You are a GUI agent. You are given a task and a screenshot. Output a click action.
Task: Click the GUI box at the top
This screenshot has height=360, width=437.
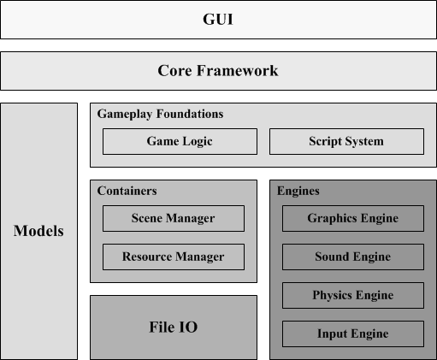tap(218, 20)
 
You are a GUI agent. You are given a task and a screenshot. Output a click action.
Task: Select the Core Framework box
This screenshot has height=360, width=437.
tap(218, 71)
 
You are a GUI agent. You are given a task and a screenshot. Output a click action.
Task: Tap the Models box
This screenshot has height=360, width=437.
tap(38, 231)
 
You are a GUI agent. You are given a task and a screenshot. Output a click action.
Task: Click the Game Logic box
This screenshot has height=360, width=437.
tap(180, 142)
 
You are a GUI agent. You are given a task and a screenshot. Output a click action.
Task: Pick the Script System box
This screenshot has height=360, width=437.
tap(346, 142)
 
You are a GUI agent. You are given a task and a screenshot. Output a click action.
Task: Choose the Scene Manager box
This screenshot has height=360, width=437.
tap(174, 218)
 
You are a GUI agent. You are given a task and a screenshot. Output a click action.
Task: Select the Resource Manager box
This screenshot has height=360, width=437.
tap(174, 257)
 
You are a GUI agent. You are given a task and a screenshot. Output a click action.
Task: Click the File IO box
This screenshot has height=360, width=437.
tap(174, 328)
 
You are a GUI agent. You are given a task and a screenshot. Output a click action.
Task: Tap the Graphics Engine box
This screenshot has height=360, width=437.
tap(353, 218)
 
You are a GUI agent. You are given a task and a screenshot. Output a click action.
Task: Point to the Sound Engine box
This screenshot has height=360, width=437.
tap(353, 257)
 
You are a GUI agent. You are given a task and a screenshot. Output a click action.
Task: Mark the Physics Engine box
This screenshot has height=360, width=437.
tap(353, 295)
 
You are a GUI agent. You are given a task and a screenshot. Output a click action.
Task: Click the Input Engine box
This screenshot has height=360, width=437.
tap(353, 333)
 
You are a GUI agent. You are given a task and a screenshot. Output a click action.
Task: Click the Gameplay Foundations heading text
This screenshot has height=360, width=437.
tap(160, 115)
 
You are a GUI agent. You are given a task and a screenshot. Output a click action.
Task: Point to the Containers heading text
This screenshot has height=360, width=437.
tap(127, 191)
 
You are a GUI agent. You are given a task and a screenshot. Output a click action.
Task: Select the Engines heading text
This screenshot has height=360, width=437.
tap(298, 192)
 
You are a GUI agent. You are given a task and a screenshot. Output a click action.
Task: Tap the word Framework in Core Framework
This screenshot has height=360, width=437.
tap(237, 71)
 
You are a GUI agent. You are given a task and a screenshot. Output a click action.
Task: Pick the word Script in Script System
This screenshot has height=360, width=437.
tap(325, 142)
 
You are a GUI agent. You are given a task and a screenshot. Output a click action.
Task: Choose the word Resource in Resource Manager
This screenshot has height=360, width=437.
tap(147, 257)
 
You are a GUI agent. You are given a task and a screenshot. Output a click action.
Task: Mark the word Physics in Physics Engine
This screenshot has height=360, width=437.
tap(333, 296)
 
